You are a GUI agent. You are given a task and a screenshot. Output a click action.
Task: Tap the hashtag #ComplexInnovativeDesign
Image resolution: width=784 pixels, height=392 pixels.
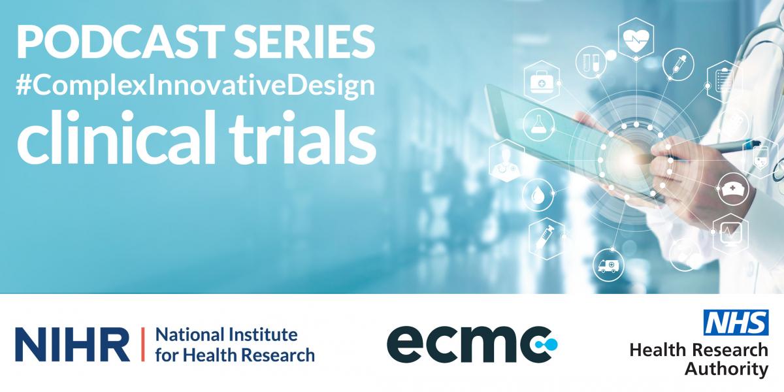click(195, 86)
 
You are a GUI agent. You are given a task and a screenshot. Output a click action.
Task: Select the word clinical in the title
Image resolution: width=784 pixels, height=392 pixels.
click(115, 137)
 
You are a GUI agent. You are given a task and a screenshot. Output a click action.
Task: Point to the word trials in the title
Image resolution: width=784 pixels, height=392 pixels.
click(302, 137)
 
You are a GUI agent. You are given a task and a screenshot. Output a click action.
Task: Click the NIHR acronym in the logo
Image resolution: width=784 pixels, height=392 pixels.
click(73, 344)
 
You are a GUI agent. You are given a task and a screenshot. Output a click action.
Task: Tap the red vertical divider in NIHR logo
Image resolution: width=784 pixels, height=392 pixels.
click(143, 344)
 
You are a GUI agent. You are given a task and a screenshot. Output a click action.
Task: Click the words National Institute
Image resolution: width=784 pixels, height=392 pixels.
click(227, 335)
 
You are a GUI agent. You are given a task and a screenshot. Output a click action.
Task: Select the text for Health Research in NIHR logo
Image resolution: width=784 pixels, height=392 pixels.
click(235, 355)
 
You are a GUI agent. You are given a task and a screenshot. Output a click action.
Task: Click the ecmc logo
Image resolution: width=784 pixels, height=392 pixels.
click(472, 344)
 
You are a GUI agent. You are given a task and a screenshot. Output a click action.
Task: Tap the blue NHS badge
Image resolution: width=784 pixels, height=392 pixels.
click(736, 322)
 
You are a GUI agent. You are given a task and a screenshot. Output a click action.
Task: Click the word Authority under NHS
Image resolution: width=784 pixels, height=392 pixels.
click(727, 369)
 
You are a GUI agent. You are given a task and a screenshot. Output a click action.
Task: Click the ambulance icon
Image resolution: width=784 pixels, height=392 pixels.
click(609, 265)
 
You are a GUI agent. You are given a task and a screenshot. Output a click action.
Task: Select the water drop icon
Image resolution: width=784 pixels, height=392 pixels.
click(538, 195)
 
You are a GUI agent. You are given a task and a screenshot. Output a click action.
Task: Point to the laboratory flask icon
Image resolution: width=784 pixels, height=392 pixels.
click(538, 125)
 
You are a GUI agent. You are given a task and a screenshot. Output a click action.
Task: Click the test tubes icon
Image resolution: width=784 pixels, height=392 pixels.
click(591, 62)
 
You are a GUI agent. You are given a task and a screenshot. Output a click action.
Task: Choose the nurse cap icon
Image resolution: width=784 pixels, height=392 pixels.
click(733, 189)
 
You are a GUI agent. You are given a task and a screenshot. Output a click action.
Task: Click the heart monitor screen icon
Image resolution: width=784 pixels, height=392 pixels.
click(730, 233)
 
